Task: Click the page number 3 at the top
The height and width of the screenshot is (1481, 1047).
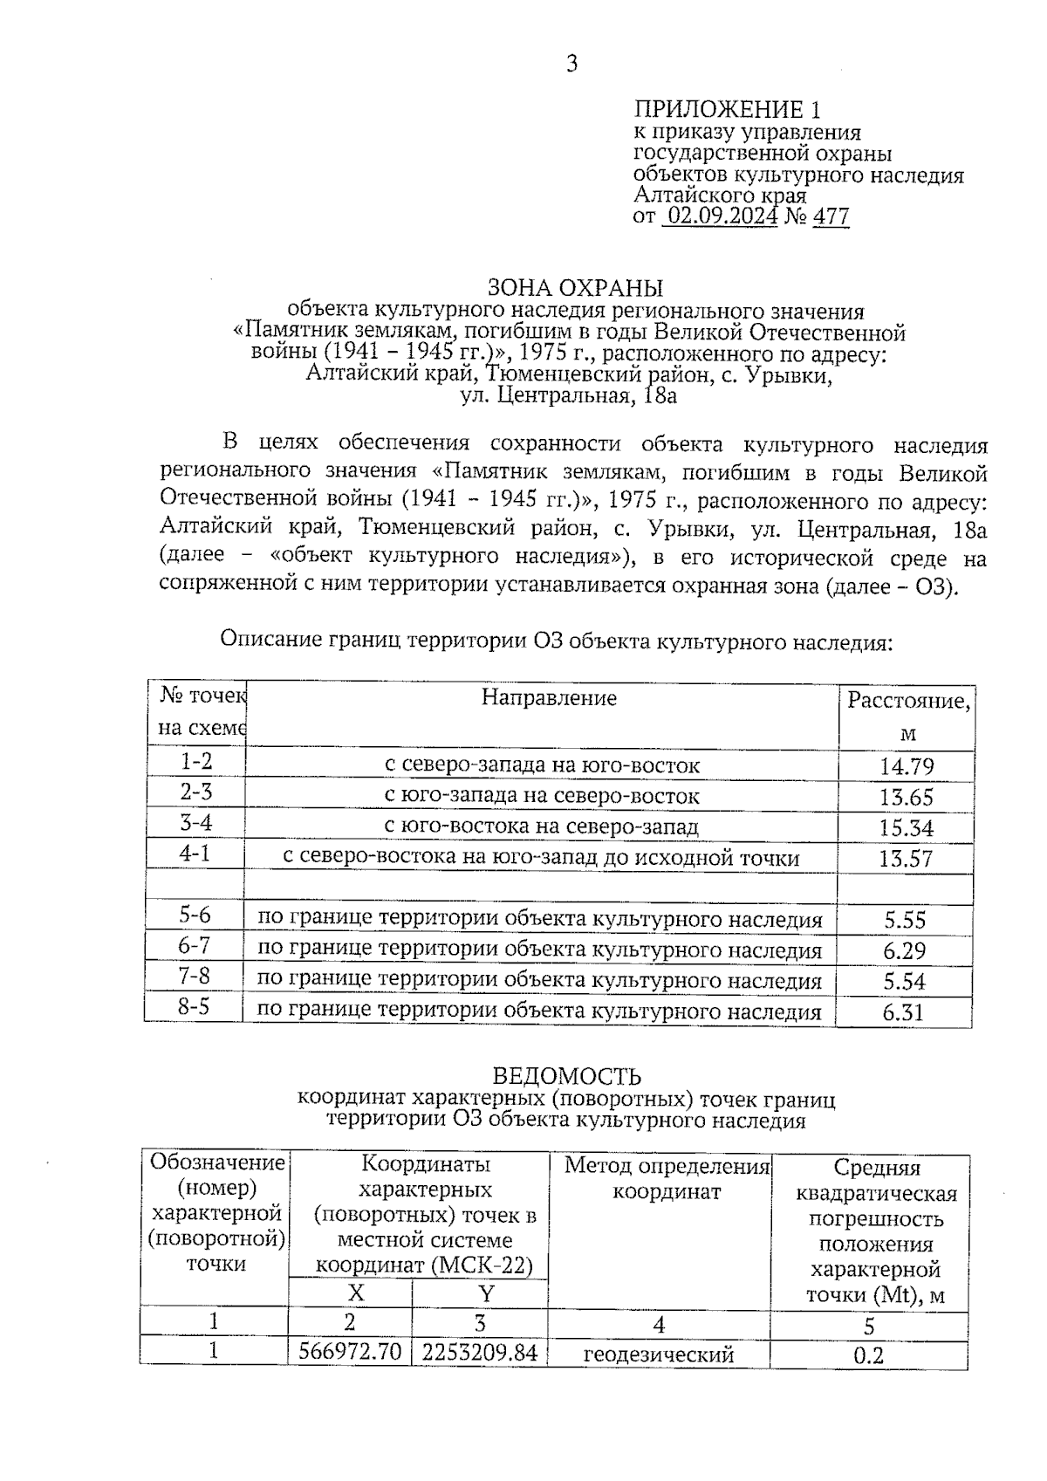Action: (572, 64)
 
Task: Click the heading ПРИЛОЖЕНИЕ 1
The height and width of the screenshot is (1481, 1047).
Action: (727, 110)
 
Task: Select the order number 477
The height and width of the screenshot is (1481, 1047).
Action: (831, 216)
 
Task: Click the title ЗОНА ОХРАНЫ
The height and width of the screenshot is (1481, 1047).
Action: (575, 288)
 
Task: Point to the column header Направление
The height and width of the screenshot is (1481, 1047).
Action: (549, 698)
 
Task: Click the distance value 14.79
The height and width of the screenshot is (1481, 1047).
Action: (907, 767)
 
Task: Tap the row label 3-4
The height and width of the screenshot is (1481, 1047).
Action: (195, 823)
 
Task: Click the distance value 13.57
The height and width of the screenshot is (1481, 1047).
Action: (907, 859)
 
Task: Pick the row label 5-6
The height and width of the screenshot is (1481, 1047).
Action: (195, 915)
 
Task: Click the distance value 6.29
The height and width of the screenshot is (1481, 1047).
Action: (904, 951)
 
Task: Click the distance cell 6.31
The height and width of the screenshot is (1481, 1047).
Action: (903, 1013)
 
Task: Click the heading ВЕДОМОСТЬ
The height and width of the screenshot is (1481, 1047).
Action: (567, 1076)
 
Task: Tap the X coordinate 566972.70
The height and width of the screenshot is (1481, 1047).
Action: (350, 1353)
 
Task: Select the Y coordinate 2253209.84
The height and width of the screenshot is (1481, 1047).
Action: (479, 1353)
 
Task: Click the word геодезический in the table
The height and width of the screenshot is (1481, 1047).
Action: (659, 1355)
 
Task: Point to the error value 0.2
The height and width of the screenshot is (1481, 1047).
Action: (868, 1355)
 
